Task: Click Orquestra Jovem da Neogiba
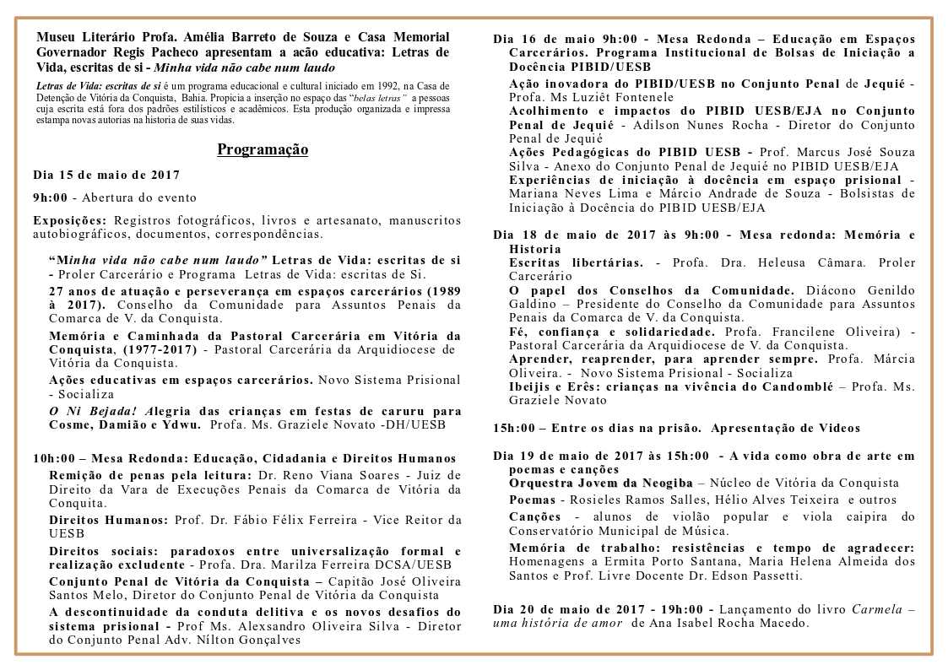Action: point(600,484)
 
